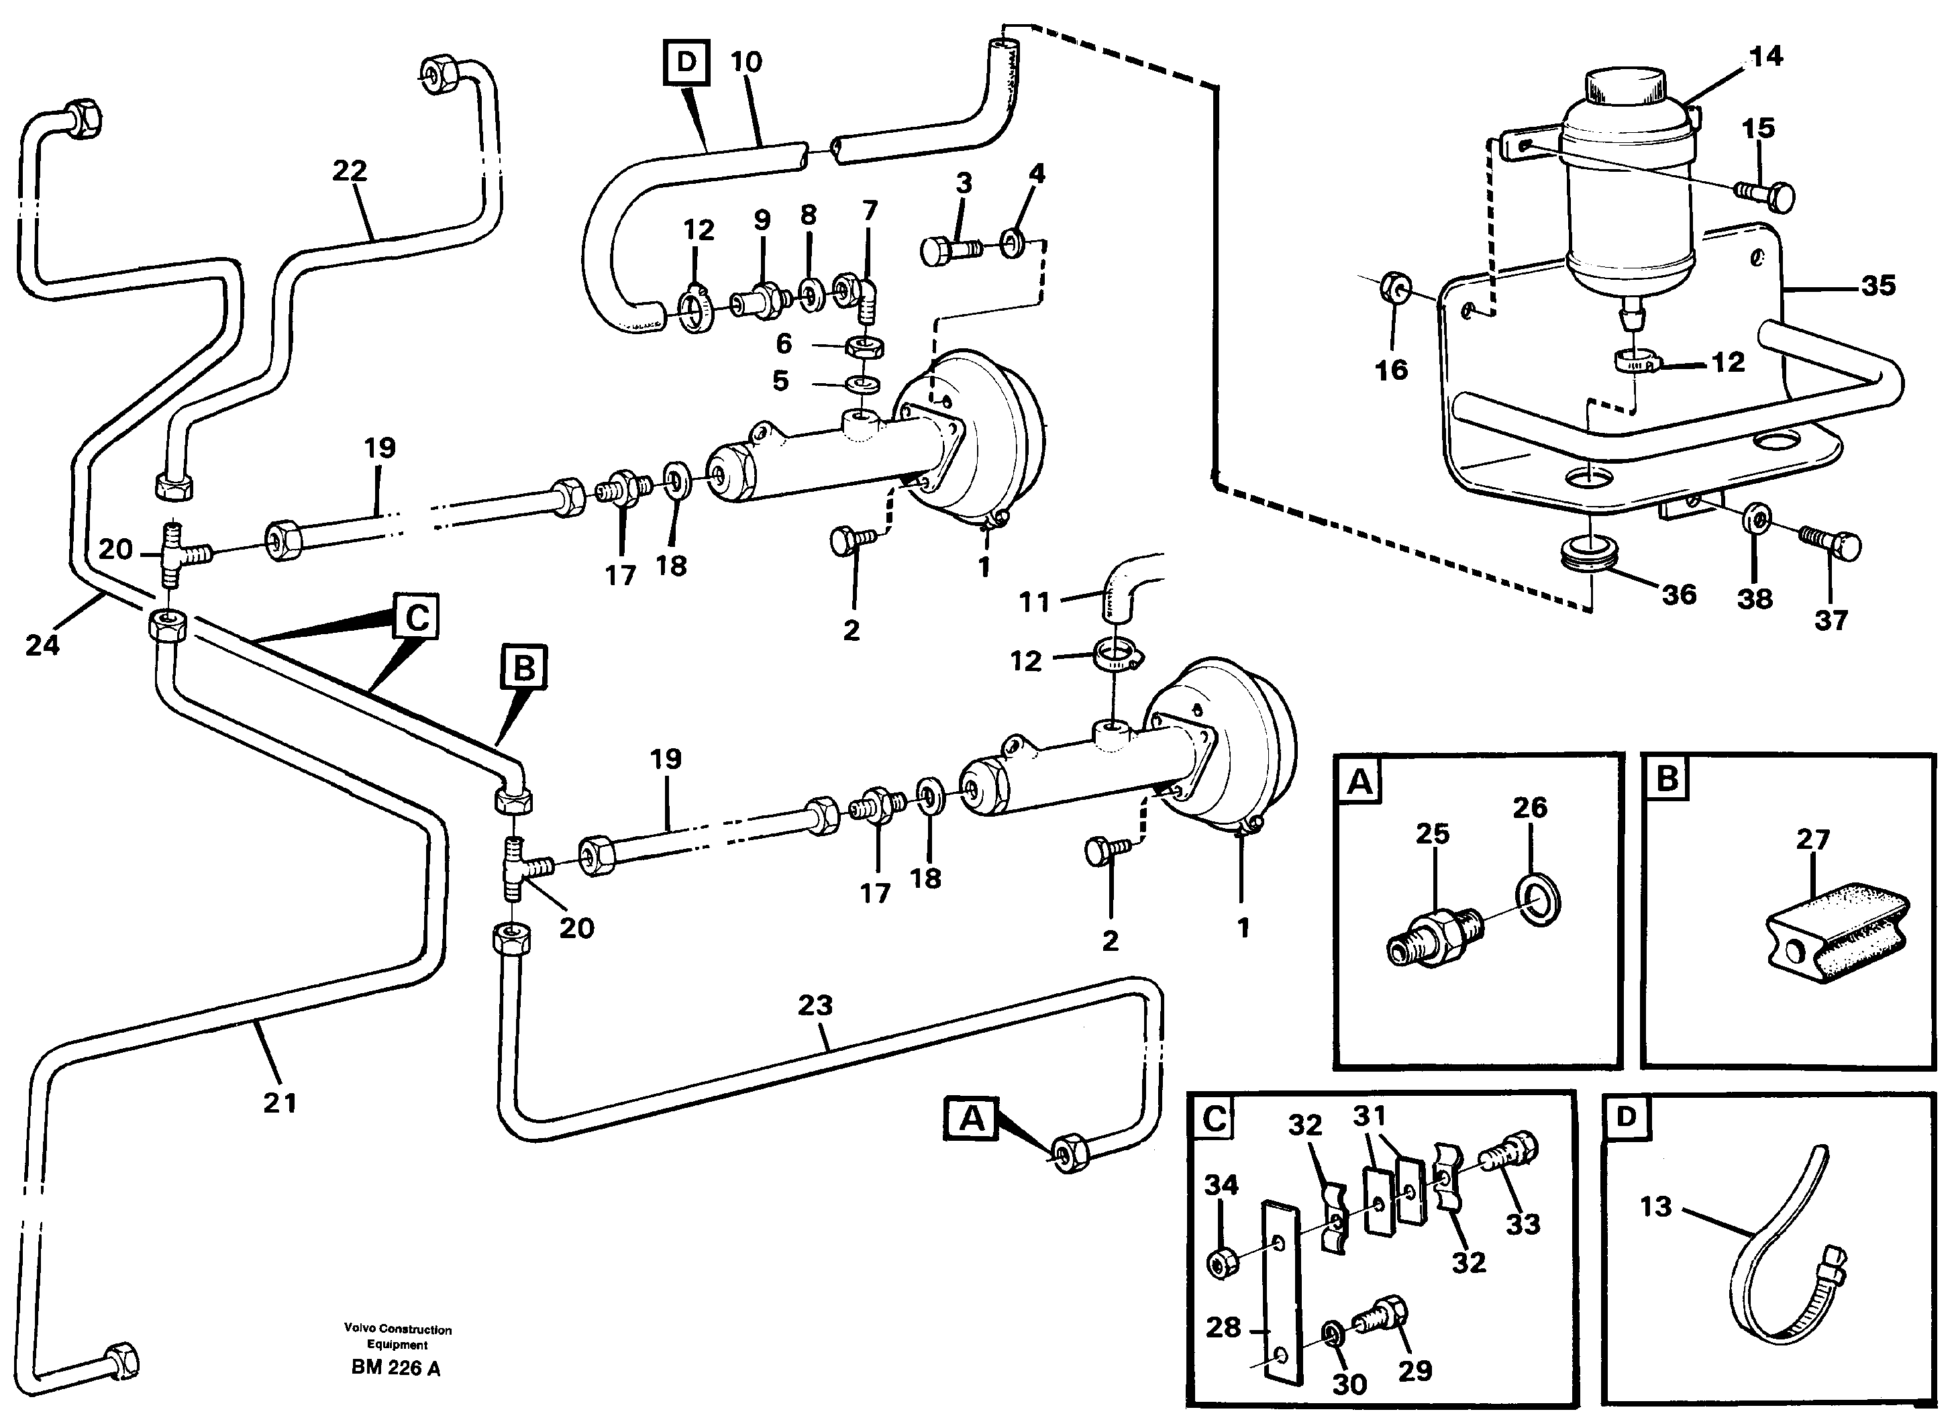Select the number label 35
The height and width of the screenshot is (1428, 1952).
[x=1878, y=286]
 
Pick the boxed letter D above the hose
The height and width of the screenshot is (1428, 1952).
[x=686, y=62]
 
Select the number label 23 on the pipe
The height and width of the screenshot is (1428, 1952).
[x=815, y=1005]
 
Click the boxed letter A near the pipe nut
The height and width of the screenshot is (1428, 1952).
[x=971, y=1119]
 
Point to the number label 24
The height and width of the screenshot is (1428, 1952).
[x=42, y=645]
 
